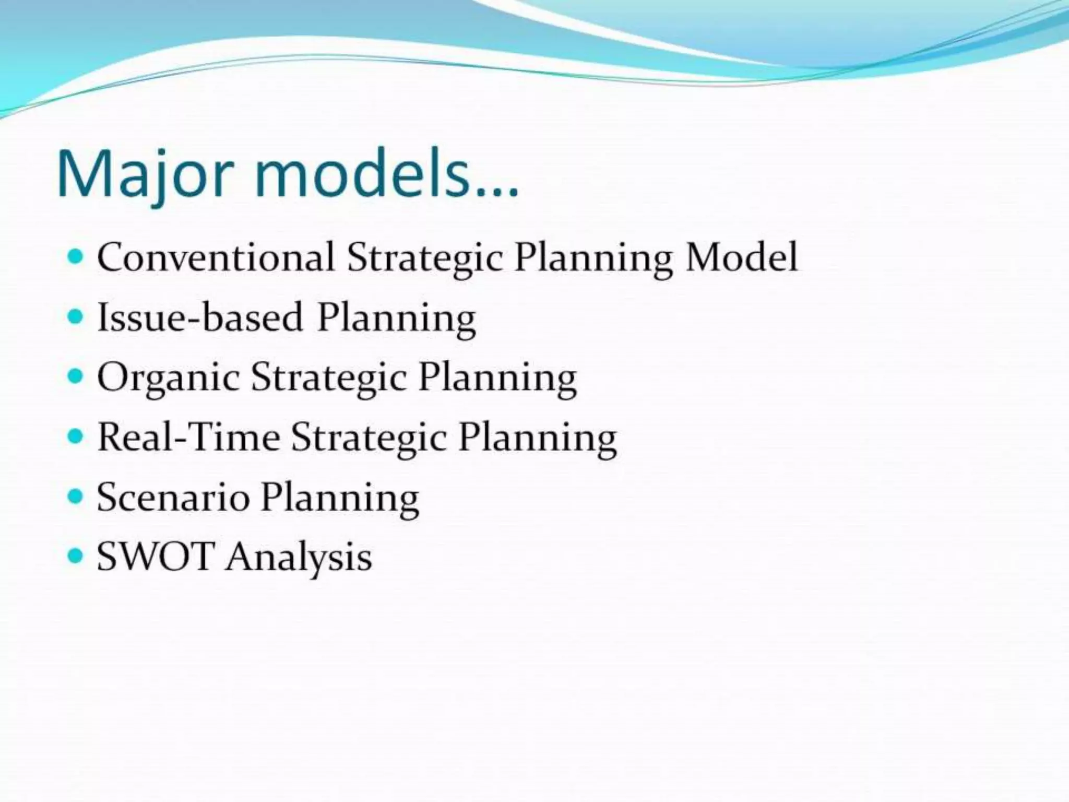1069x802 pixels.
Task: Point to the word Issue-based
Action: pos(200,317)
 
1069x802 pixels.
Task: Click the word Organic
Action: pos(168,378)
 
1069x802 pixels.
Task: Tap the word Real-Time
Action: pos(188,437)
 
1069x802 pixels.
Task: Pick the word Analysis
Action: pos(299,558)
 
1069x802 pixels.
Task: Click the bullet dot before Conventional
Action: pos(76,256)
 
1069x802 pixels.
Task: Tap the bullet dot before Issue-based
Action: pos(76,316)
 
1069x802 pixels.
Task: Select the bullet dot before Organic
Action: pos(76,376)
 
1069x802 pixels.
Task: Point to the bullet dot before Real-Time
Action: pos(76,436)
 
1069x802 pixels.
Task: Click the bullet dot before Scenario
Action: pos(76,496)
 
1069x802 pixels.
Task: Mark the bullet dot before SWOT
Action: pos(76,556)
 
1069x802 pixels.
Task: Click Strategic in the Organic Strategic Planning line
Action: pos(328,378)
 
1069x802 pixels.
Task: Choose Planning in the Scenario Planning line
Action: pos(340,498)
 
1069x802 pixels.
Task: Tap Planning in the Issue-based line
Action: pos(396,318)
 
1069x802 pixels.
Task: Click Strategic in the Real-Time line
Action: pos(369,438)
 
